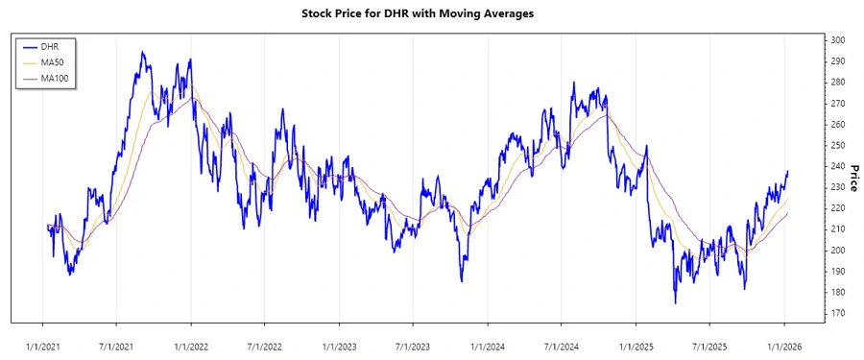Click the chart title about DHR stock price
point(431,13)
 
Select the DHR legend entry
point(50,45)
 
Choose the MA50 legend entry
point(53,61)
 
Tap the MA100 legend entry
point(55,78)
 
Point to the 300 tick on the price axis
point(838,40)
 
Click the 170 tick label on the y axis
point(838,313)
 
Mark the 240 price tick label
point(838,166)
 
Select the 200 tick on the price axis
point(838,250)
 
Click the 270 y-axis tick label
point(838,104)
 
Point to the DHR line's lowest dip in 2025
point(675,303)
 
